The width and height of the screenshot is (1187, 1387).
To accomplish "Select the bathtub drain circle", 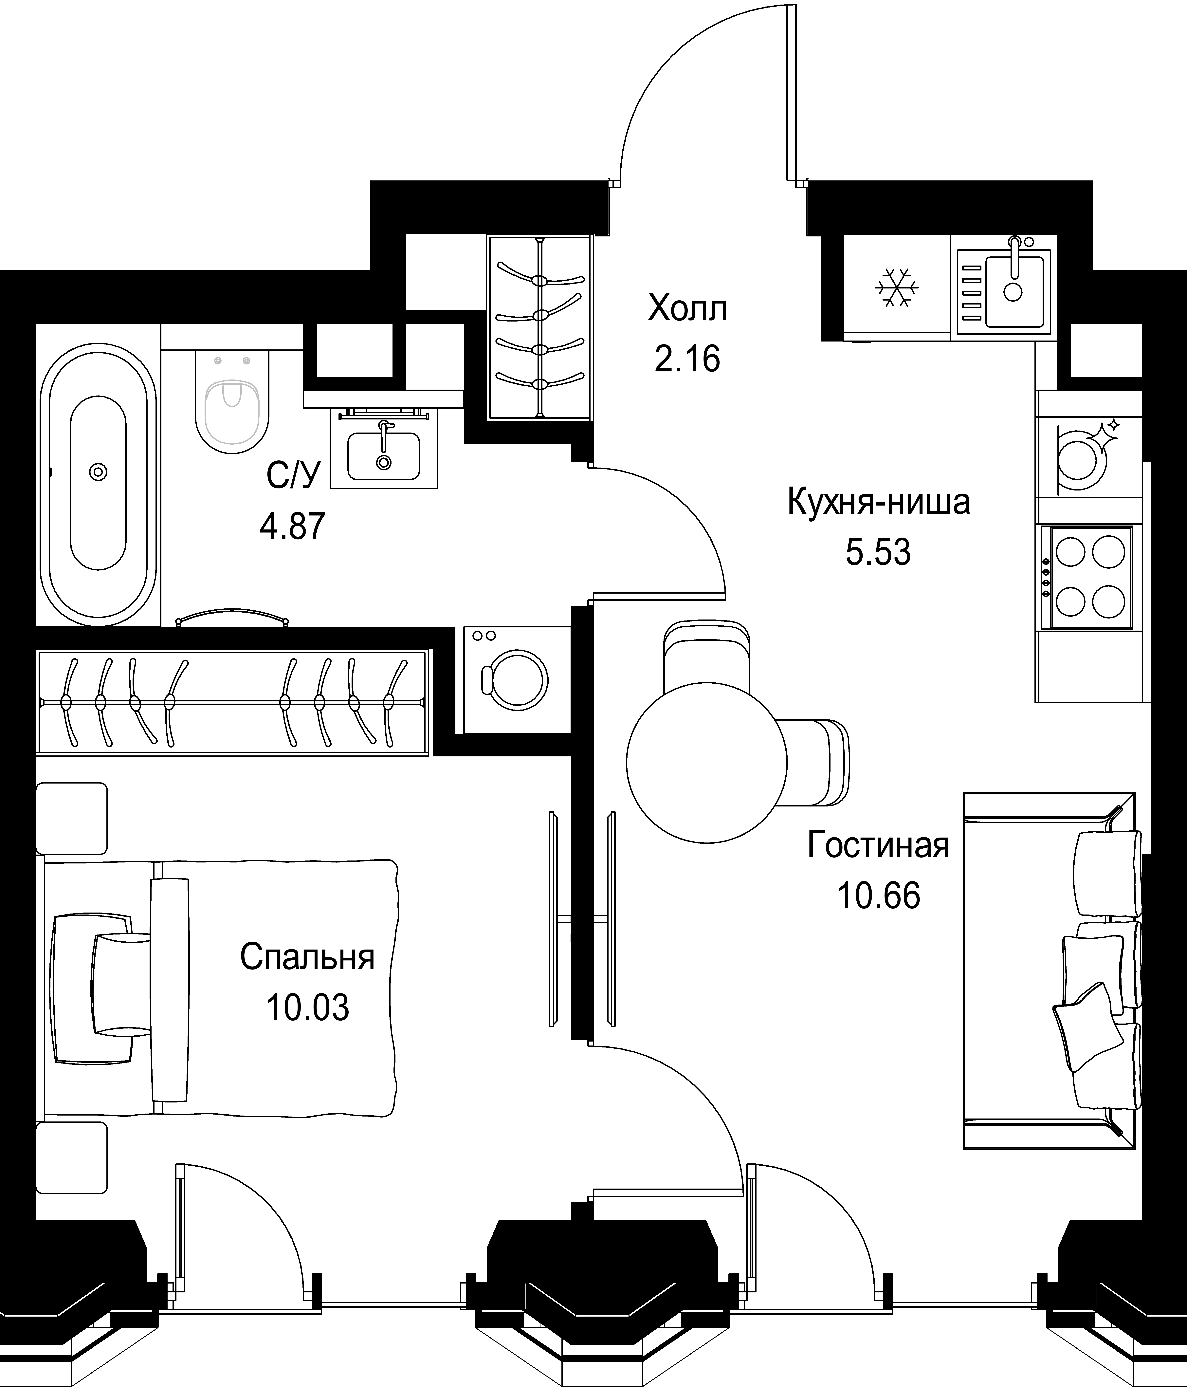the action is point(98,472).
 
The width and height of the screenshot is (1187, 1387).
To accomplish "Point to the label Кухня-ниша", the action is point(878,502).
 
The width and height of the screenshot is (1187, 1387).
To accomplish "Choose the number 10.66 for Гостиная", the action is point(878,895).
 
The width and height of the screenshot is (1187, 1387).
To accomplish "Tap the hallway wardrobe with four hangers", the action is point(540,328).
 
